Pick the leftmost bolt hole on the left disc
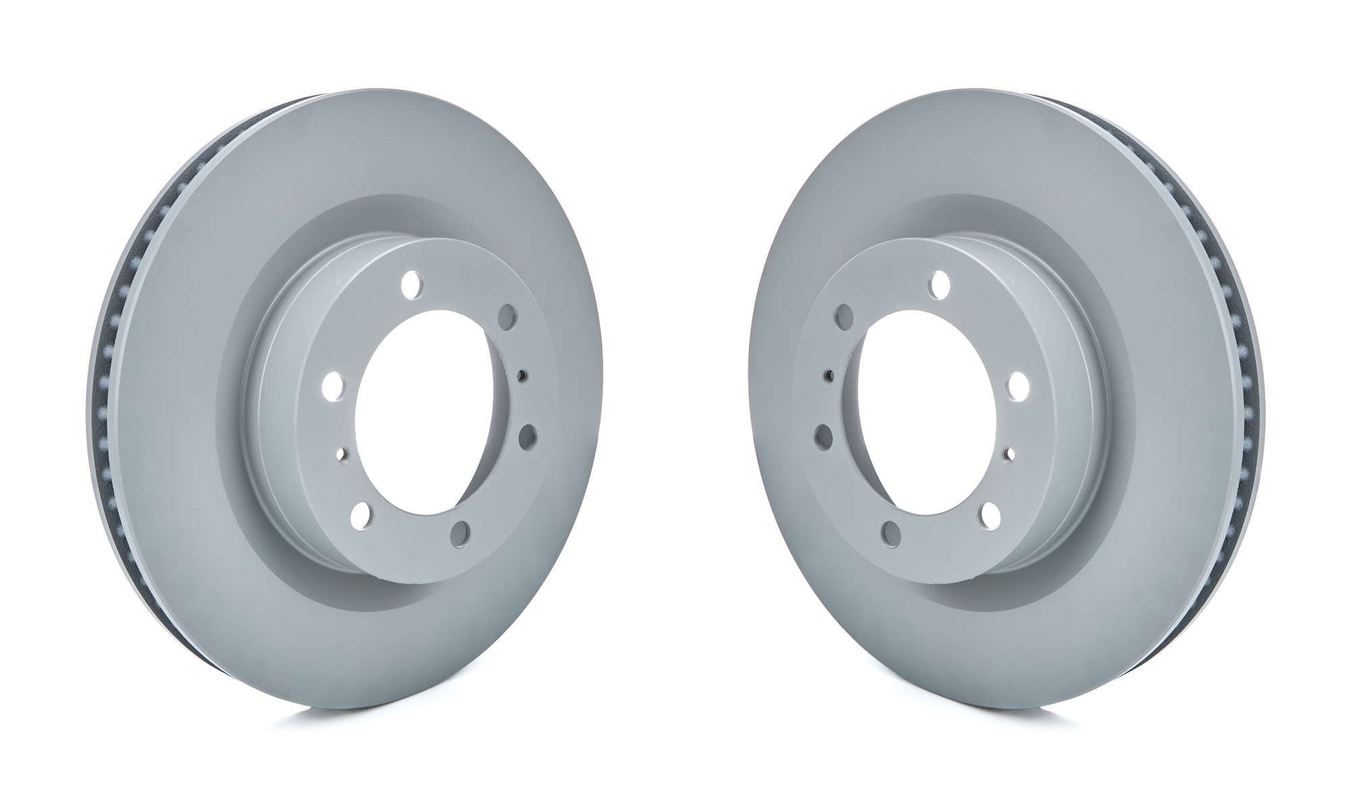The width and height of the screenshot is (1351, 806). click(x=332, y=386)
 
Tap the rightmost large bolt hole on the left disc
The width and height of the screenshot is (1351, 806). click(x=526, y=437)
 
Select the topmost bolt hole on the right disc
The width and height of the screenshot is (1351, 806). click(x=938, y=284)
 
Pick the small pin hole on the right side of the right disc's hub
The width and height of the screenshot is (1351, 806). click(x=1009, y=453)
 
